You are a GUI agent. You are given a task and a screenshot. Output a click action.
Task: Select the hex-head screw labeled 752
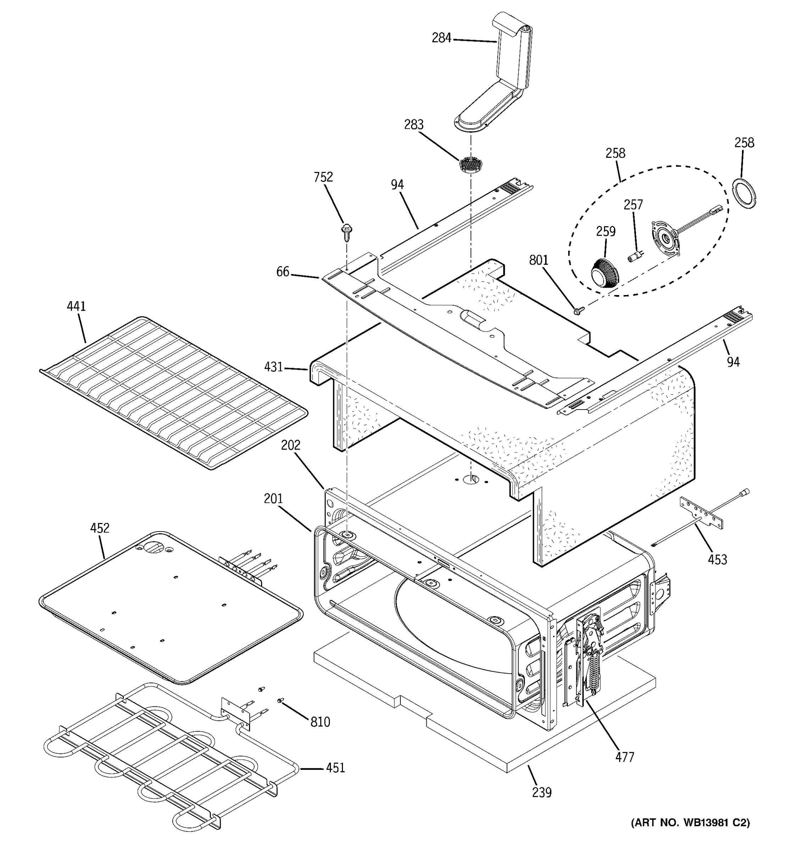[345, 233]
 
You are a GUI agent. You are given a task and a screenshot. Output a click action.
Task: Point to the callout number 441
[76, 306]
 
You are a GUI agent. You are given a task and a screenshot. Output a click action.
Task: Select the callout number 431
[273, 367]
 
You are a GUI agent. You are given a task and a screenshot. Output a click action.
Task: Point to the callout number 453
[717, 559]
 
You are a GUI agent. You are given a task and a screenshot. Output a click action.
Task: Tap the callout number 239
[542, 792]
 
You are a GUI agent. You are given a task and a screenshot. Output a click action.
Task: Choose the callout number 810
[320, 722]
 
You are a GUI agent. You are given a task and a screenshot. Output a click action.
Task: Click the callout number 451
[335, 768]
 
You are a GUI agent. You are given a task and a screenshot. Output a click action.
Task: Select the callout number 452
[99, 528]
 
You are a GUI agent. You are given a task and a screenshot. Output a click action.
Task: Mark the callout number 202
[291, 445]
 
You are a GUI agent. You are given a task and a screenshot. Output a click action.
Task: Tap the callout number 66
[283, 271]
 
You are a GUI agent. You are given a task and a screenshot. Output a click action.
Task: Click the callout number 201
[273, 498]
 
